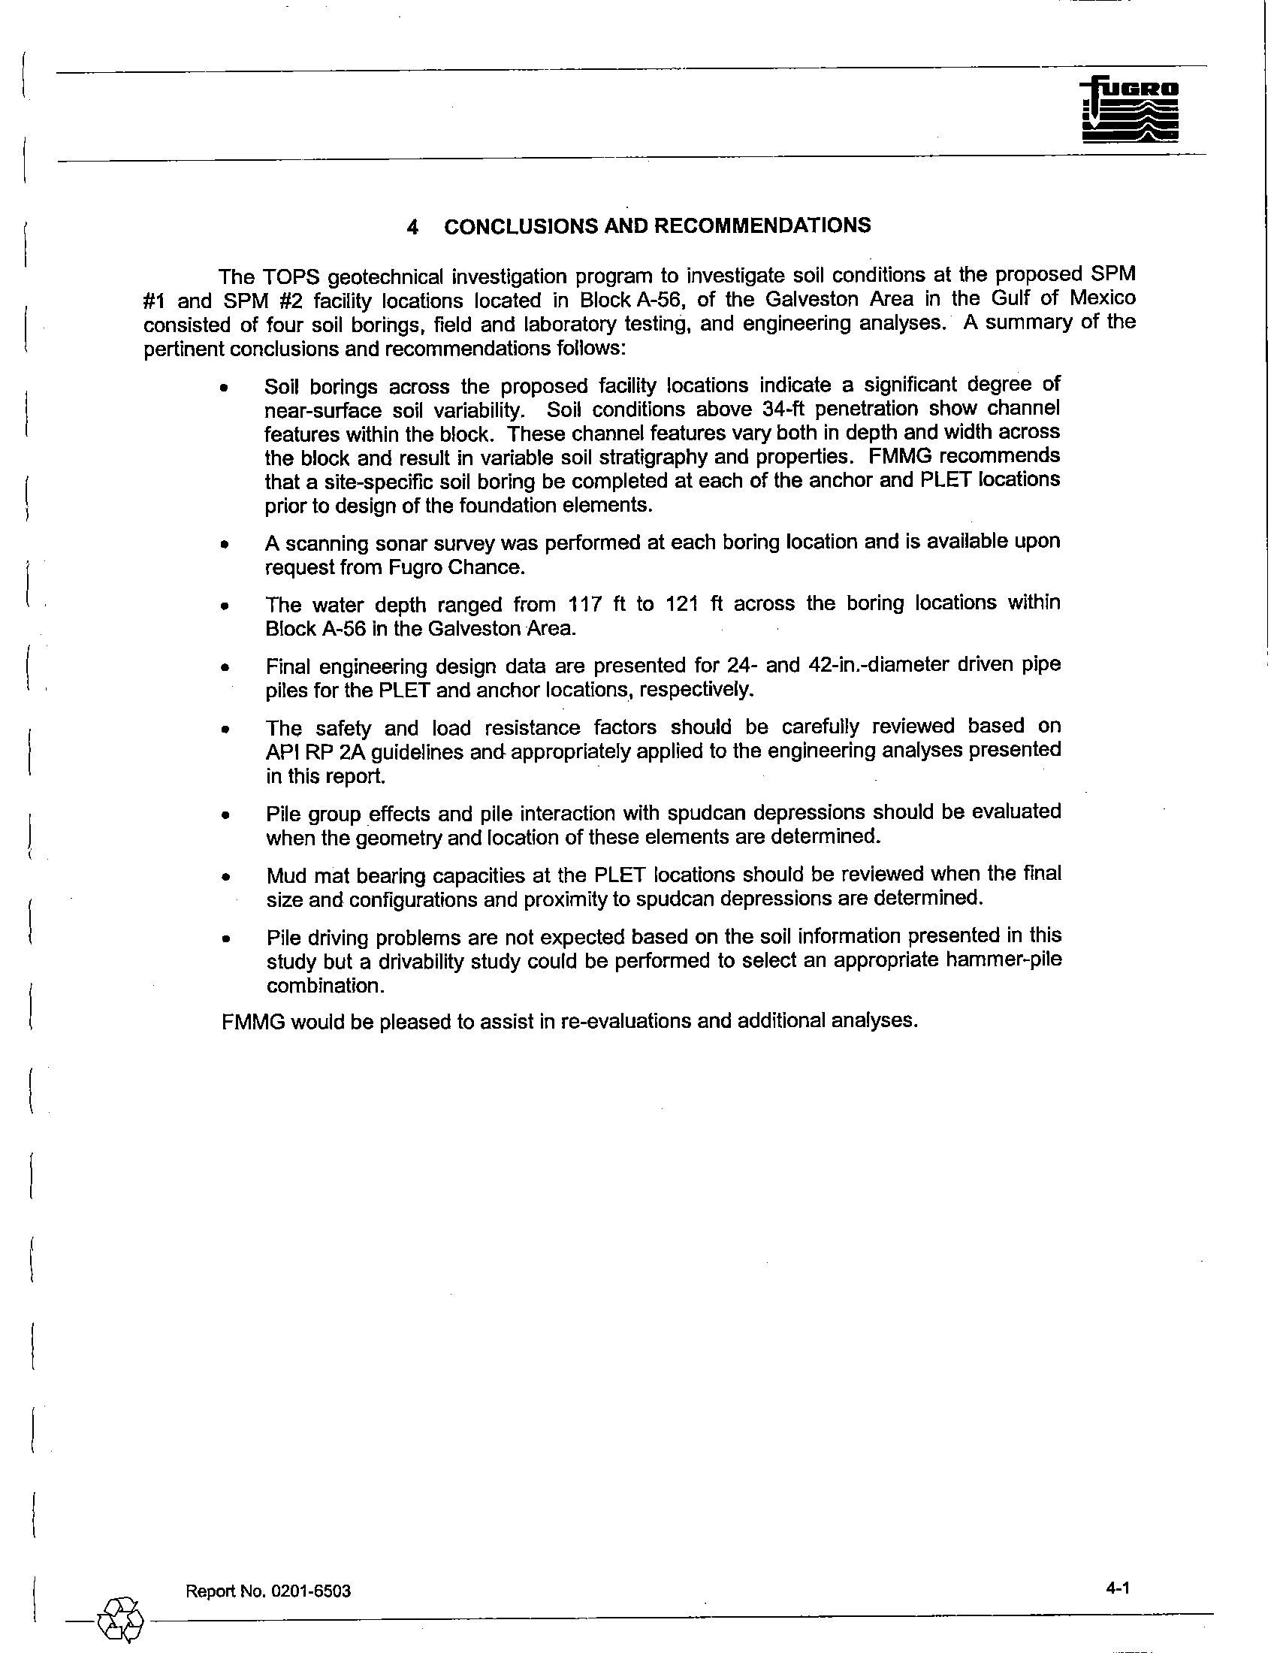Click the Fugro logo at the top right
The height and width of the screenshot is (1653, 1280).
1130,110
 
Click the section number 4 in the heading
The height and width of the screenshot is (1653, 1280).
412,227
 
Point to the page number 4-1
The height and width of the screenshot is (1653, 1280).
1117,1587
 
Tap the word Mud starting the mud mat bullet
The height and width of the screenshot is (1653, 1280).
286,875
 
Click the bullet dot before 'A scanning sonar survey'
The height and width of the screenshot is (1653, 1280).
224,544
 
